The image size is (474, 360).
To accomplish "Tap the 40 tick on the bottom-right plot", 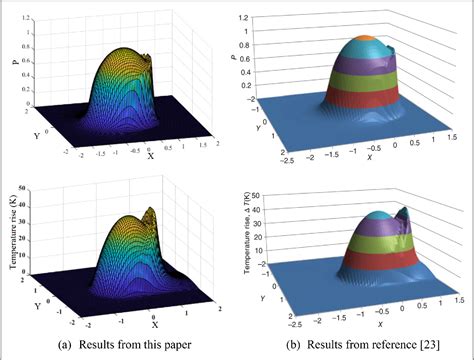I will click(x=263, y=207).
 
